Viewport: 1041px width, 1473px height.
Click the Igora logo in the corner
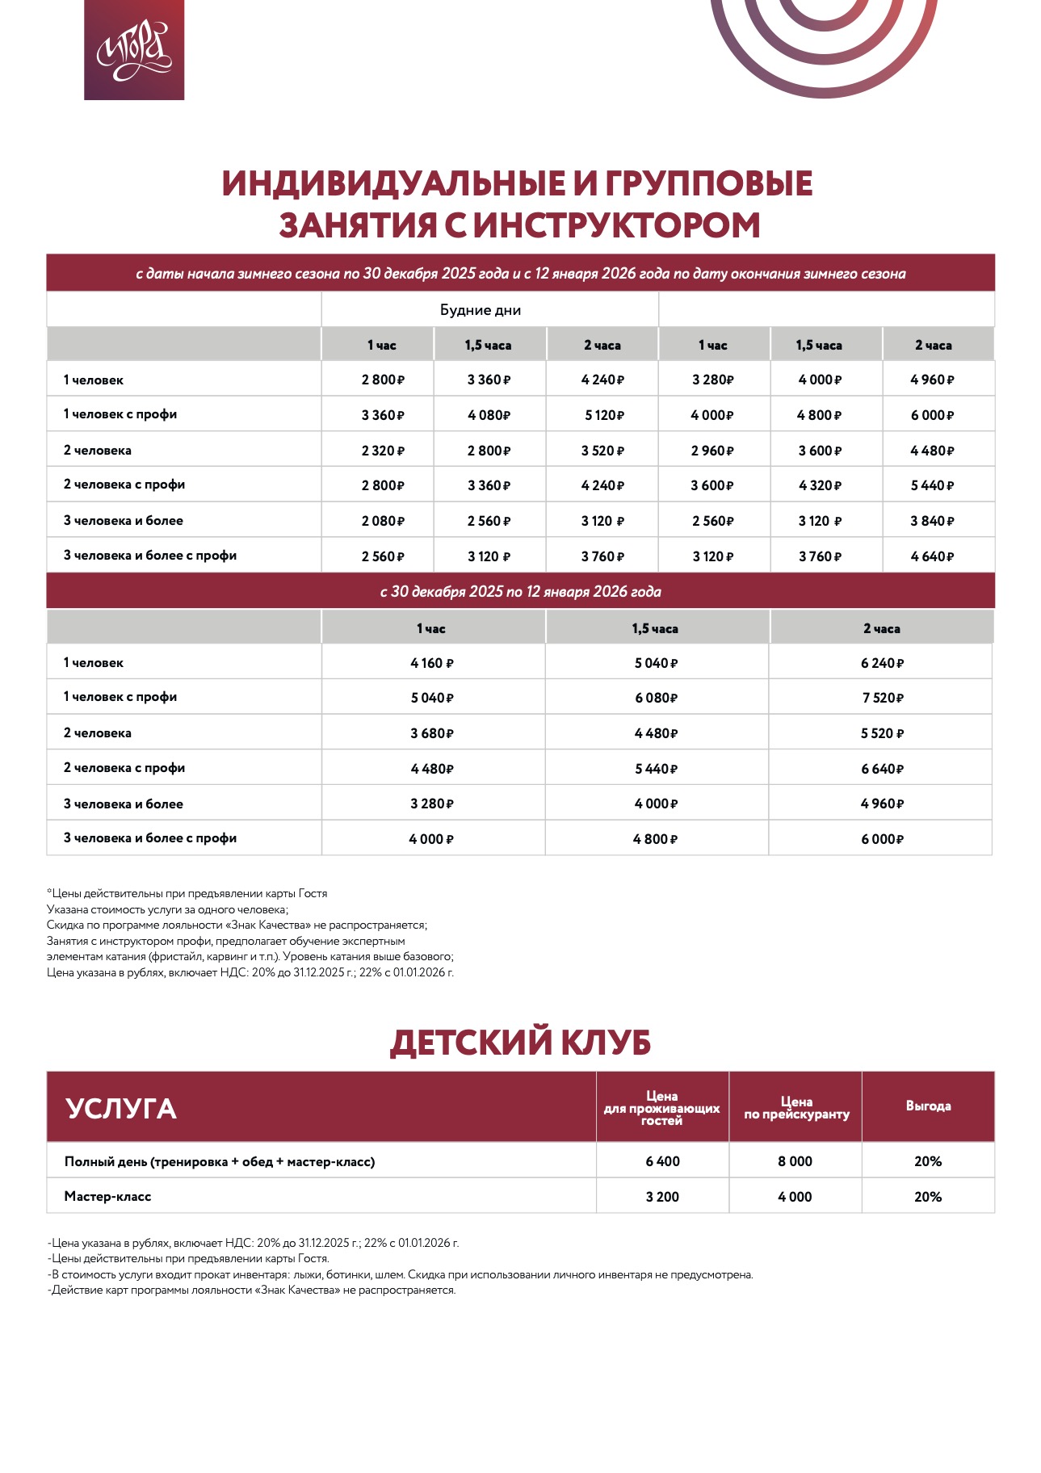134,50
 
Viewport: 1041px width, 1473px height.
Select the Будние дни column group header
481,310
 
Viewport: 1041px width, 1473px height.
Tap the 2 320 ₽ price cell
383,451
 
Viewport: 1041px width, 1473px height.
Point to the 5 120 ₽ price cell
605,415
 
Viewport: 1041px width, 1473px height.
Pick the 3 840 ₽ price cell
932,521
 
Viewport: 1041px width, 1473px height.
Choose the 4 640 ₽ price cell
932,556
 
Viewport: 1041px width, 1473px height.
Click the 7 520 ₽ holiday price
882,698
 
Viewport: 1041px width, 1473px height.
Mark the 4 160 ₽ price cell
432,663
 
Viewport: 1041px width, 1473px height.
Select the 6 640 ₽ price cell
882,769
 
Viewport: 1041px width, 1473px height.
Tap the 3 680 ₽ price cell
432,733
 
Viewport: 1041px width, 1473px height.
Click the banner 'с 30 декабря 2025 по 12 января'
520,591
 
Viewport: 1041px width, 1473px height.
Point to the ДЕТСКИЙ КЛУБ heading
520,1042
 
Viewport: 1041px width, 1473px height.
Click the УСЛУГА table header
121,1108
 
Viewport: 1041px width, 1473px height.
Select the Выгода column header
928,1106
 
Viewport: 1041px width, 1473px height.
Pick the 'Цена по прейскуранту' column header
796,1108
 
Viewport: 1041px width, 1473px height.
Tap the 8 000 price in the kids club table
795,1161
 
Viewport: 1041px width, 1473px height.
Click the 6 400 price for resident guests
662,1161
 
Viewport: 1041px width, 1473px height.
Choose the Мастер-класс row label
108,1197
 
